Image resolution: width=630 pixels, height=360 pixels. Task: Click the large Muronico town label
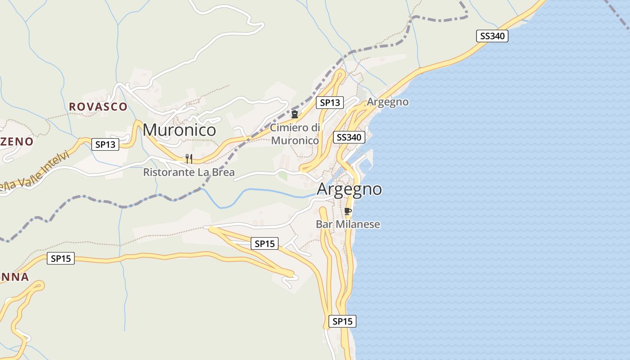(179, 130)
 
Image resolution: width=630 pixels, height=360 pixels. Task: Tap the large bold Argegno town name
(349, 189)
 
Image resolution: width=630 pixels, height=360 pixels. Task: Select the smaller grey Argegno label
(387, 102)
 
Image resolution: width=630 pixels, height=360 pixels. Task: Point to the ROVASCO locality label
(98, 107)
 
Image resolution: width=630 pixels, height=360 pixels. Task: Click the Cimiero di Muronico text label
(295, 134)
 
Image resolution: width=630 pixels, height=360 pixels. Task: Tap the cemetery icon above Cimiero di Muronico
(295, 114)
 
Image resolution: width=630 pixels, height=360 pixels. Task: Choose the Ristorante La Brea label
(189, 172)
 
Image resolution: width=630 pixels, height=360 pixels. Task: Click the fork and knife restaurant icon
(189, 158)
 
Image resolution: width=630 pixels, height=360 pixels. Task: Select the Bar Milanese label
(348, 224)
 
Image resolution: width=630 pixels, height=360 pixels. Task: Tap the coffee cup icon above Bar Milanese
(347, 211)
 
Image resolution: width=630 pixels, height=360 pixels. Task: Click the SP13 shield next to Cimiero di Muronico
(329, 103)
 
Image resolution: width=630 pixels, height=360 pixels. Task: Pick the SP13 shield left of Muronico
(105, 144)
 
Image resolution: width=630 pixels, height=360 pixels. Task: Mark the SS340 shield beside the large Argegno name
(349, 137)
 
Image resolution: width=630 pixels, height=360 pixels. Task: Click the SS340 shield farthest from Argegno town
(492, 36)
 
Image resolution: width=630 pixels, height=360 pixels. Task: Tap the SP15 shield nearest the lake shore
(342, 321)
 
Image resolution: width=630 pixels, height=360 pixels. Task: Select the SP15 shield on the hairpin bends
(264, 244)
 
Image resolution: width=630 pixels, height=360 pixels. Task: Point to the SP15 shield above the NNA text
(61, 259)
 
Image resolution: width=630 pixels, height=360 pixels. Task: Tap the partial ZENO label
(17, 142)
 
